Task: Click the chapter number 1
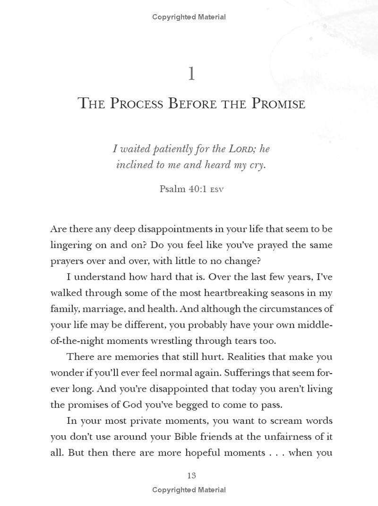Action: click(191, 74)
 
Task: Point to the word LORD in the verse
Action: click(242, 149)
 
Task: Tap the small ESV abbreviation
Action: click(217, 190)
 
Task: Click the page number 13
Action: click(191, 475)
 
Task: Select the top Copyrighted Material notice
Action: click(189, 17)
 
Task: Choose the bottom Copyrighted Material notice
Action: click(189, 490)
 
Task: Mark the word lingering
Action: click(71, 245)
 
